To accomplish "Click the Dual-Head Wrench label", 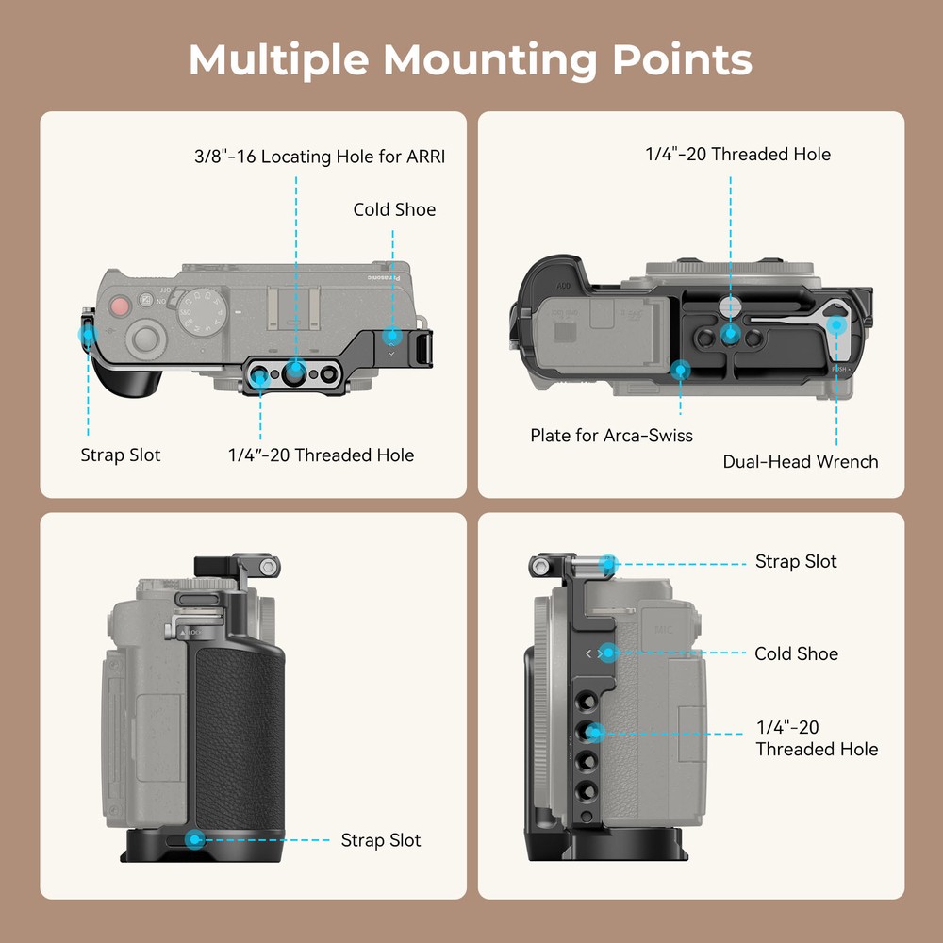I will point(801,461).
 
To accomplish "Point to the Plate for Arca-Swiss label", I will point(611,436).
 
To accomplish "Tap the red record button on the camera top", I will point(119,306).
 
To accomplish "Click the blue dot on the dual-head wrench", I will point(835,325).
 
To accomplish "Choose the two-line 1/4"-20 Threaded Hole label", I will point(817,738).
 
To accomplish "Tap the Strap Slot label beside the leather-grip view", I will point(381,840).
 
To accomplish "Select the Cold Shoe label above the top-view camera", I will point(394,209).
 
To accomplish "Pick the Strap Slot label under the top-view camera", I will point(121,455).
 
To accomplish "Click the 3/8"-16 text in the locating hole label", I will point(224,157).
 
